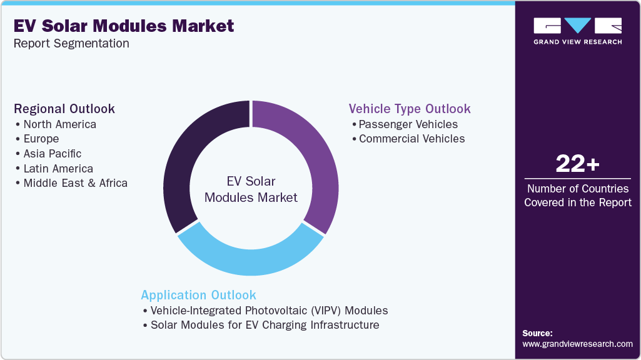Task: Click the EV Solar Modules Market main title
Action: point(124,26)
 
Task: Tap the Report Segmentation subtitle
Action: point(71,44)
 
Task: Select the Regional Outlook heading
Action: point(64,109)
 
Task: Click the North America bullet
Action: point(59,124)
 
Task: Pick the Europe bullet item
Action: point(41,139)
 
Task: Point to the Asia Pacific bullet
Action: point(52,154)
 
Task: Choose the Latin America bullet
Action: point(58,169)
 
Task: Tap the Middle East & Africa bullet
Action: point(75,183)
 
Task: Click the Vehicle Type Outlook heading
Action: point(410,109)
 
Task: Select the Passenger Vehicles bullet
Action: point(408,124)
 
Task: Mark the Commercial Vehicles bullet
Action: point(411,139)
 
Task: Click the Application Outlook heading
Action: point(198,295)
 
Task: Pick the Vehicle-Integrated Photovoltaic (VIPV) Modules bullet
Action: point(269,311)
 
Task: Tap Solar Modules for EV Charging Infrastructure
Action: point(265,325)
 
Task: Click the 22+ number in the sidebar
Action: point(578,164)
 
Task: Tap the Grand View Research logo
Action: point(577,31)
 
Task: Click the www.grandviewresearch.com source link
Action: point(577,344)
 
